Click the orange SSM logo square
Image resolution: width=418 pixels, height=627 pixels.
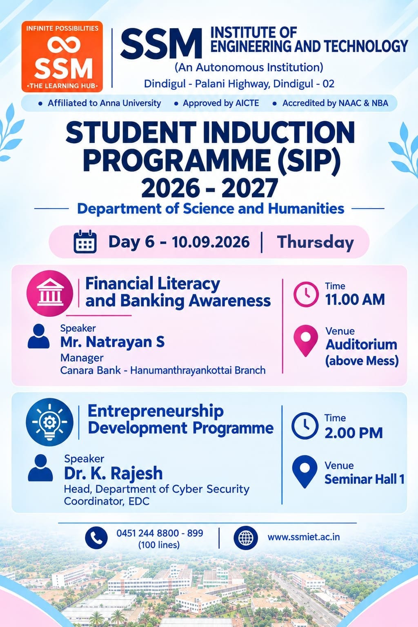(62, 56)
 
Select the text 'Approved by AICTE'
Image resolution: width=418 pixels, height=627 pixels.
(220, 103)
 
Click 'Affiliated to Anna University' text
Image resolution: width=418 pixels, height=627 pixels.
(104, 103)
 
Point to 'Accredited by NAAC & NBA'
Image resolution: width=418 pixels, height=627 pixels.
(335, 103)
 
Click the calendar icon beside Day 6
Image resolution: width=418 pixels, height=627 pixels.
(85, 242)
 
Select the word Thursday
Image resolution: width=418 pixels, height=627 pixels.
(316, 242)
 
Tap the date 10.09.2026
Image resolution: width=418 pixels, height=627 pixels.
(211, 242)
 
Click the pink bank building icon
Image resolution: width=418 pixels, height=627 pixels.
(50, 293)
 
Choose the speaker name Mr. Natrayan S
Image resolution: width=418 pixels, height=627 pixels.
(112, 342)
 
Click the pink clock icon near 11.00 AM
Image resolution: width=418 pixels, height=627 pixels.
(306, 294)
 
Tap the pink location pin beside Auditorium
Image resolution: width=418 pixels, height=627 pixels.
(306, 340)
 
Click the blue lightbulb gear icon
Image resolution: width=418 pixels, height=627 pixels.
(49, 422)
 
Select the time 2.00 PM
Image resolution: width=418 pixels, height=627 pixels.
(354, 433)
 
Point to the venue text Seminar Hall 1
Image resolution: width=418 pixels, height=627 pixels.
(365, 480)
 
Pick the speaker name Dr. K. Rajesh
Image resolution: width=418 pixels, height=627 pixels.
(113, 473)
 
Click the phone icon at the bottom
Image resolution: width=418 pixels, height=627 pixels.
(96, 538)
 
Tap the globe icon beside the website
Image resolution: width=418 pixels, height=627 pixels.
(246, 538)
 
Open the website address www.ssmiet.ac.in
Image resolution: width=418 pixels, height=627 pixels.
(304, 537)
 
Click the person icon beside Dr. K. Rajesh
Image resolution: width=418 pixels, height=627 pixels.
(40, 468)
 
